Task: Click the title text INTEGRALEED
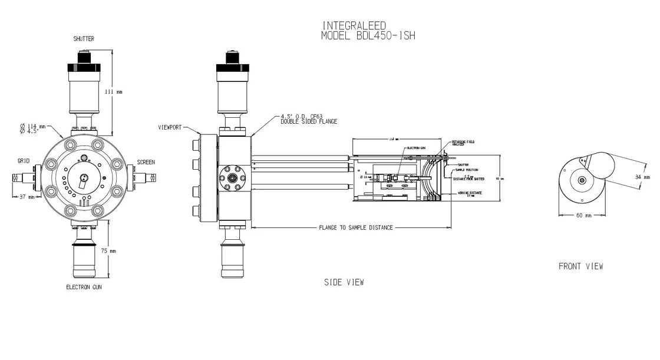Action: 354,25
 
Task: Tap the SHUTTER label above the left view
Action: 83,39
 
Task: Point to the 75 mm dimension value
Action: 110,250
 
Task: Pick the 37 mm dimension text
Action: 25,197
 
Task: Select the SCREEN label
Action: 146,162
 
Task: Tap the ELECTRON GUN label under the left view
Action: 85,287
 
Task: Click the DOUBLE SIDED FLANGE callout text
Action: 309,121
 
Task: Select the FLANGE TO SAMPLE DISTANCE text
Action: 355,227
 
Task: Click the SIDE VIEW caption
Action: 344,282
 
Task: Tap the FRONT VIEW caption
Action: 580,266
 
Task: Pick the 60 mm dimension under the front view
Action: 583,216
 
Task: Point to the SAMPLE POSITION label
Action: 466,170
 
